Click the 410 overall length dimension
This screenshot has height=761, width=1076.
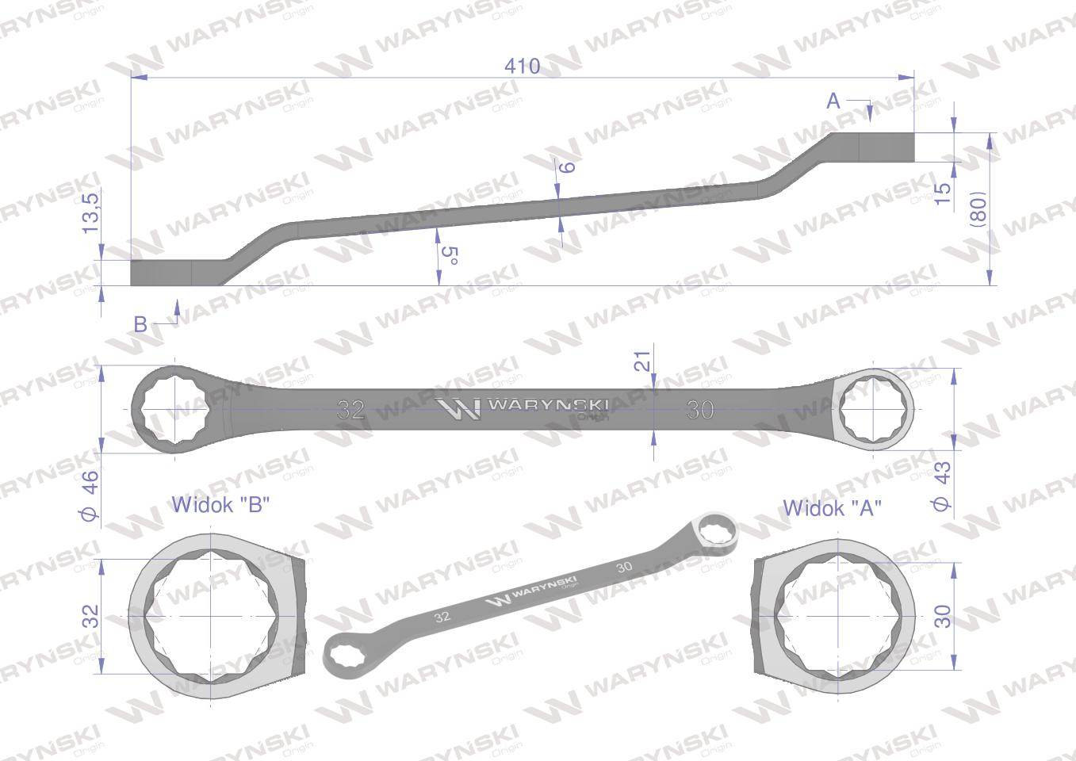522,66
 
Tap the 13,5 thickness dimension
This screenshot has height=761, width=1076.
90,212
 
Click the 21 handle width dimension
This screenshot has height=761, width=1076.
643,361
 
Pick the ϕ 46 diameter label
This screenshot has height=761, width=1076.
90,495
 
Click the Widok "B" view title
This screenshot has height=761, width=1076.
221,504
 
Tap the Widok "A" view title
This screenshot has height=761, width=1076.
833,507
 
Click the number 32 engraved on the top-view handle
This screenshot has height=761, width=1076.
350,410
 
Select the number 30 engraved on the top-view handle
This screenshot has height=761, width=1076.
700,410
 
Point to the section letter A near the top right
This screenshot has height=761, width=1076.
833,101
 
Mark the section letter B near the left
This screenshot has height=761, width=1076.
140,323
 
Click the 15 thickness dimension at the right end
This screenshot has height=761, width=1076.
943,193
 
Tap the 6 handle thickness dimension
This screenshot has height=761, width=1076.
566,166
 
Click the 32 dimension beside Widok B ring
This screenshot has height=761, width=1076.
91,615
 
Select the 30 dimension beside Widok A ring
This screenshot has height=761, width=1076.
944,615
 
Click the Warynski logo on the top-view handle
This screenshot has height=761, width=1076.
524,407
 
